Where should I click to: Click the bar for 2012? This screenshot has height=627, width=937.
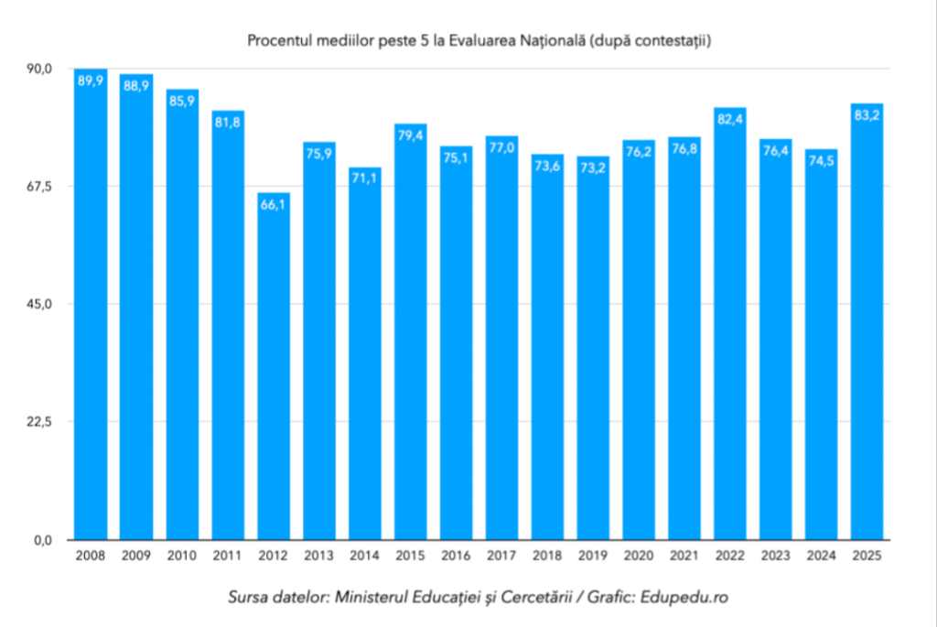(x=274, y=366)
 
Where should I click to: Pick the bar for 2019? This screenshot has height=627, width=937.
(x=593, y=348)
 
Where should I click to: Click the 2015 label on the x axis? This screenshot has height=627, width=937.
(x=410, y=556)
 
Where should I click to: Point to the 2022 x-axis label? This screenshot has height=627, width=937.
(x=730, y=556)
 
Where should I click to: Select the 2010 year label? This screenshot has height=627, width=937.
(x=182, y=556)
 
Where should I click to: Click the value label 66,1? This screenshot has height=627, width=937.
(x=274, y=205)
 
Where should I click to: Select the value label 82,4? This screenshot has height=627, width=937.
(x=730, y=120)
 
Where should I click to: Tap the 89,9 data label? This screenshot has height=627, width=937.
(x=91, y=81)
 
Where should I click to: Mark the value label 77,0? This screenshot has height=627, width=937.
(x=501, y=148)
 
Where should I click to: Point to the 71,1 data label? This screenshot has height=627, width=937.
(x=365, y=179)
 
